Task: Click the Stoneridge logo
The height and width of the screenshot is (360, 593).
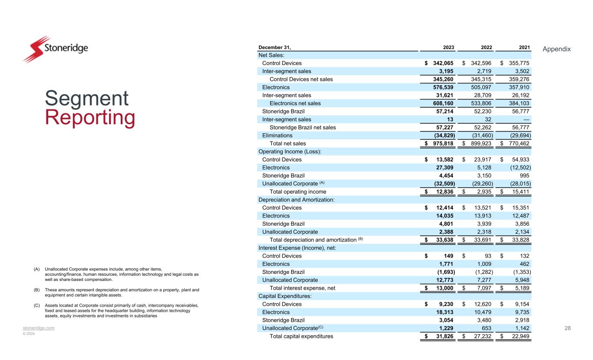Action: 55,49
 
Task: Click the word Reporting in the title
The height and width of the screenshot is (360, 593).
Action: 90,118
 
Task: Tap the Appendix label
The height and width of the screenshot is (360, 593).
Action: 557,49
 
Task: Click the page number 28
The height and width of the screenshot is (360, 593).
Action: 567,328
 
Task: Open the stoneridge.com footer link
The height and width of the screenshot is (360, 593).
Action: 39,328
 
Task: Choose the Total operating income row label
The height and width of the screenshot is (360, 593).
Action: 298,192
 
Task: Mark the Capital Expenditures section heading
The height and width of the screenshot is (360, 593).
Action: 284,296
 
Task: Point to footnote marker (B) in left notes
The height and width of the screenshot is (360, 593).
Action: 36,290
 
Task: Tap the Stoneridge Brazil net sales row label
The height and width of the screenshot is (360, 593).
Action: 302,128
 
